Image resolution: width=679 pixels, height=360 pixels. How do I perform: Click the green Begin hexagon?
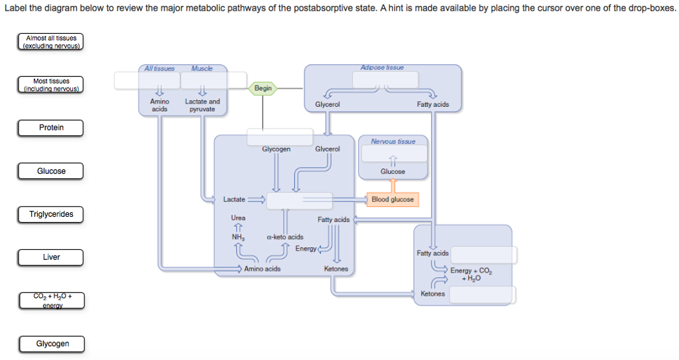pyautogui.click(x=263, y=88)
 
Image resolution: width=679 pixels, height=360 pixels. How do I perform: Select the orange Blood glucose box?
pyautogui.click(x=393, y=200)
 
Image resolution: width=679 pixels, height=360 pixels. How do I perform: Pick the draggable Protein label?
pyautogui.click(x=51, y=128)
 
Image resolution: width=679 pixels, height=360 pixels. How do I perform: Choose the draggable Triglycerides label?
pyautogui.click(x=51, y=214)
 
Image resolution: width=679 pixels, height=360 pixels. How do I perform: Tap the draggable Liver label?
pyautogui.click(x=51, y=257)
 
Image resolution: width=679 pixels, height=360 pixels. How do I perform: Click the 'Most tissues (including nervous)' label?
pyautogui.click(x=51, y=85)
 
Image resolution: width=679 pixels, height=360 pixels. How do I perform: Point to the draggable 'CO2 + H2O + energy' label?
pyautogui.click(x=51, y=300)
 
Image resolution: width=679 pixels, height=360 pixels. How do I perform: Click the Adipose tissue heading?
pyautogui.click(x=382, y=68)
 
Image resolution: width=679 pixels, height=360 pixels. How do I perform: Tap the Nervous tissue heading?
pyautogui.click(x=393, y=141)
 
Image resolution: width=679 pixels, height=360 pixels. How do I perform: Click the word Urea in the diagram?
pyautogui.click(x=238, y=218)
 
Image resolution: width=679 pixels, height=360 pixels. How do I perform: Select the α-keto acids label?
pyautogui.click(x=284, y=237)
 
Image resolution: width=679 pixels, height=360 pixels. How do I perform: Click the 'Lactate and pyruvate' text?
pyautogui.click(x=202, y=105)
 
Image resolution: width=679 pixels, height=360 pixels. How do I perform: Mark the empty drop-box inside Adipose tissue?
pyautogui.click(x=385, y=80)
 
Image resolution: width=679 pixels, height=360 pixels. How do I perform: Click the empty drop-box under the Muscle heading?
pyautogui.click(x=203, y=80)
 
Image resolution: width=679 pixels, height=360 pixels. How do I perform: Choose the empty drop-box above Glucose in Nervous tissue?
pyautogui.click(x=393, y=153)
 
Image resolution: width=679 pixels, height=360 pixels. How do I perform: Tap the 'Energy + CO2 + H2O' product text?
pyautogui.click(x=471, y=274)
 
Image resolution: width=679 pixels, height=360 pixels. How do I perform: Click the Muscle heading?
pyautogui.click(x=202, y=68)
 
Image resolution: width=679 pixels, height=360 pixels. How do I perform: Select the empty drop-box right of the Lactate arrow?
pyautogui.click(x=299, y=201)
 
